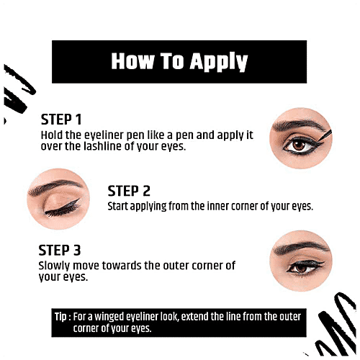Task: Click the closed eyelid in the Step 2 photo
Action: [x=58, y=204]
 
